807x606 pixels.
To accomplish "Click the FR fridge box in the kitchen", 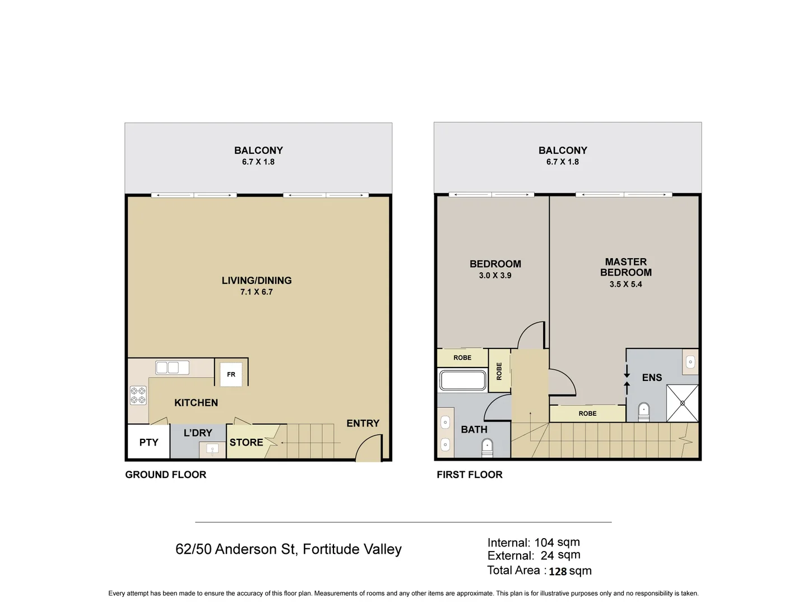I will click(231, 374).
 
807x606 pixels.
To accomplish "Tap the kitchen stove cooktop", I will click(138, 395).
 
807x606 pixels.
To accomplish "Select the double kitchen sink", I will click(172, 368).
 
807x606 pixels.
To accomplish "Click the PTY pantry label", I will click(149, 442).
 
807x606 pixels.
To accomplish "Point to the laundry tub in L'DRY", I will click(212, 448).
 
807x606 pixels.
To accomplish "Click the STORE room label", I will click(246, 442).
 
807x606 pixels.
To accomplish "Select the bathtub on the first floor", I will click(463, 380).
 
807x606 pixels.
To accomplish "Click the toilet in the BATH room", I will click(488, 447).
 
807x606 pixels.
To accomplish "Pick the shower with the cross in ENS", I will click(683, 403).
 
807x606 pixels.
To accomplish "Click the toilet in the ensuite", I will click(644, 411).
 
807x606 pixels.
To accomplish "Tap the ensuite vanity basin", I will click(690, 362).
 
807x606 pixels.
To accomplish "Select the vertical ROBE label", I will click(499, 371).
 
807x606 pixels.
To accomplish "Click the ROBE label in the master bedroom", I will click(587, 414).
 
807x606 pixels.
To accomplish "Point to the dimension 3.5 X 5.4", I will click(625, 284).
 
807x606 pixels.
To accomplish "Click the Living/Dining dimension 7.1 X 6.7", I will click(256, 292).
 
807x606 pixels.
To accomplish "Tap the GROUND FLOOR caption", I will click(165, 475).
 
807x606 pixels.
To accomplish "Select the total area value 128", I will click(558, 572).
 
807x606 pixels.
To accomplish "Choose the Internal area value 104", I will click(544, 543).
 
